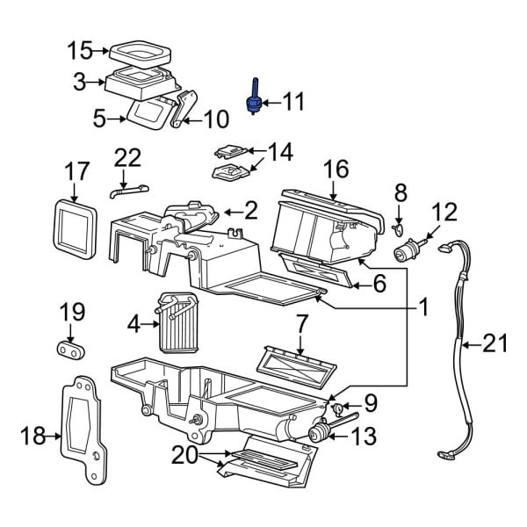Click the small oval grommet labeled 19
click(71, 350)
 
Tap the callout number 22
click(127, 157)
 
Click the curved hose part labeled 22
click(126, 187)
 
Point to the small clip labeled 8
click(398, 230)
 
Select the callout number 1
click(422, 307)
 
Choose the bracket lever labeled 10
click(183, 110)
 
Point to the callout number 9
click(370, 404)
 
